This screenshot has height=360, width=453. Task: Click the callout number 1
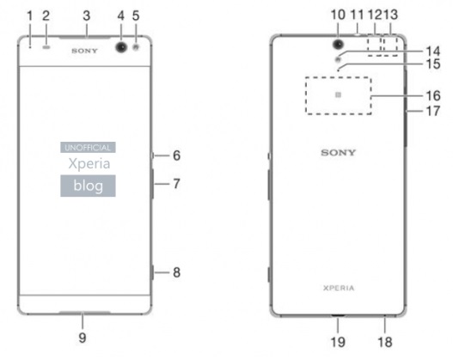30,15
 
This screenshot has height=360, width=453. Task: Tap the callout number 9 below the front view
83,338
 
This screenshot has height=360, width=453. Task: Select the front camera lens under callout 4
121,46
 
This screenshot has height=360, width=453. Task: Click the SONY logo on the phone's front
84,51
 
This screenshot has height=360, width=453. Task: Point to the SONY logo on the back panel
338,152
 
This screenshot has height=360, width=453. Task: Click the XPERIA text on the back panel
339,288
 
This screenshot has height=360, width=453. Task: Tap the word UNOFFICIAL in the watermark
88,148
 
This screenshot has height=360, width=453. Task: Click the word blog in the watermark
89,186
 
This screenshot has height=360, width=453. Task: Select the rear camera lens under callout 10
339,44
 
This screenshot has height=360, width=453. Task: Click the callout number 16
433,96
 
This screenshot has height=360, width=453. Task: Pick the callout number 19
338,342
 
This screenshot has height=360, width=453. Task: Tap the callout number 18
385,342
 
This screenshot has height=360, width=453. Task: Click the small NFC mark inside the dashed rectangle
338,95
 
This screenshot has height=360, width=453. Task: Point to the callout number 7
176,184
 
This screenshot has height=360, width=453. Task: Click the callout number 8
176,272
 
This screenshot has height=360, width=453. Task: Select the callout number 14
433,52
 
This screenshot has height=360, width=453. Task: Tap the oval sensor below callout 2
46,46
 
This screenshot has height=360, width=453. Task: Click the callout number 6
176,156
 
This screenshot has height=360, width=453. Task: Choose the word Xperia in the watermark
89,164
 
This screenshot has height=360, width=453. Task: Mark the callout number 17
433,111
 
